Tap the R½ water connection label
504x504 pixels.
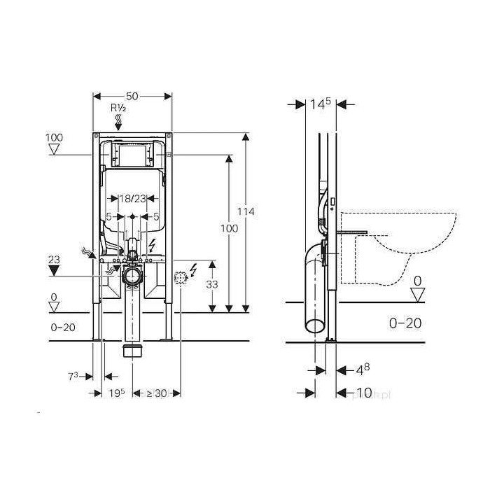tap(118, 108)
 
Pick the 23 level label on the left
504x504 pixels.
tap(54, 259)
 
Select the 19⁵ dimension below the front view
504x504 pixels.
tap(117, 393)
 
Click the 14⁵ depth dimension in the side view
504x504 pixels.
tap(319, 104)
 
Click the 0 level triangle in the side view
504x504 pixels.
tap(417, 295)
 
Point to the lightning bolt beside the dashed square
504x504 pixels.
tap(194, 267)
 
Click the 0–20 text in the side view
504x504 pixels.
tap(404, 323)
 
